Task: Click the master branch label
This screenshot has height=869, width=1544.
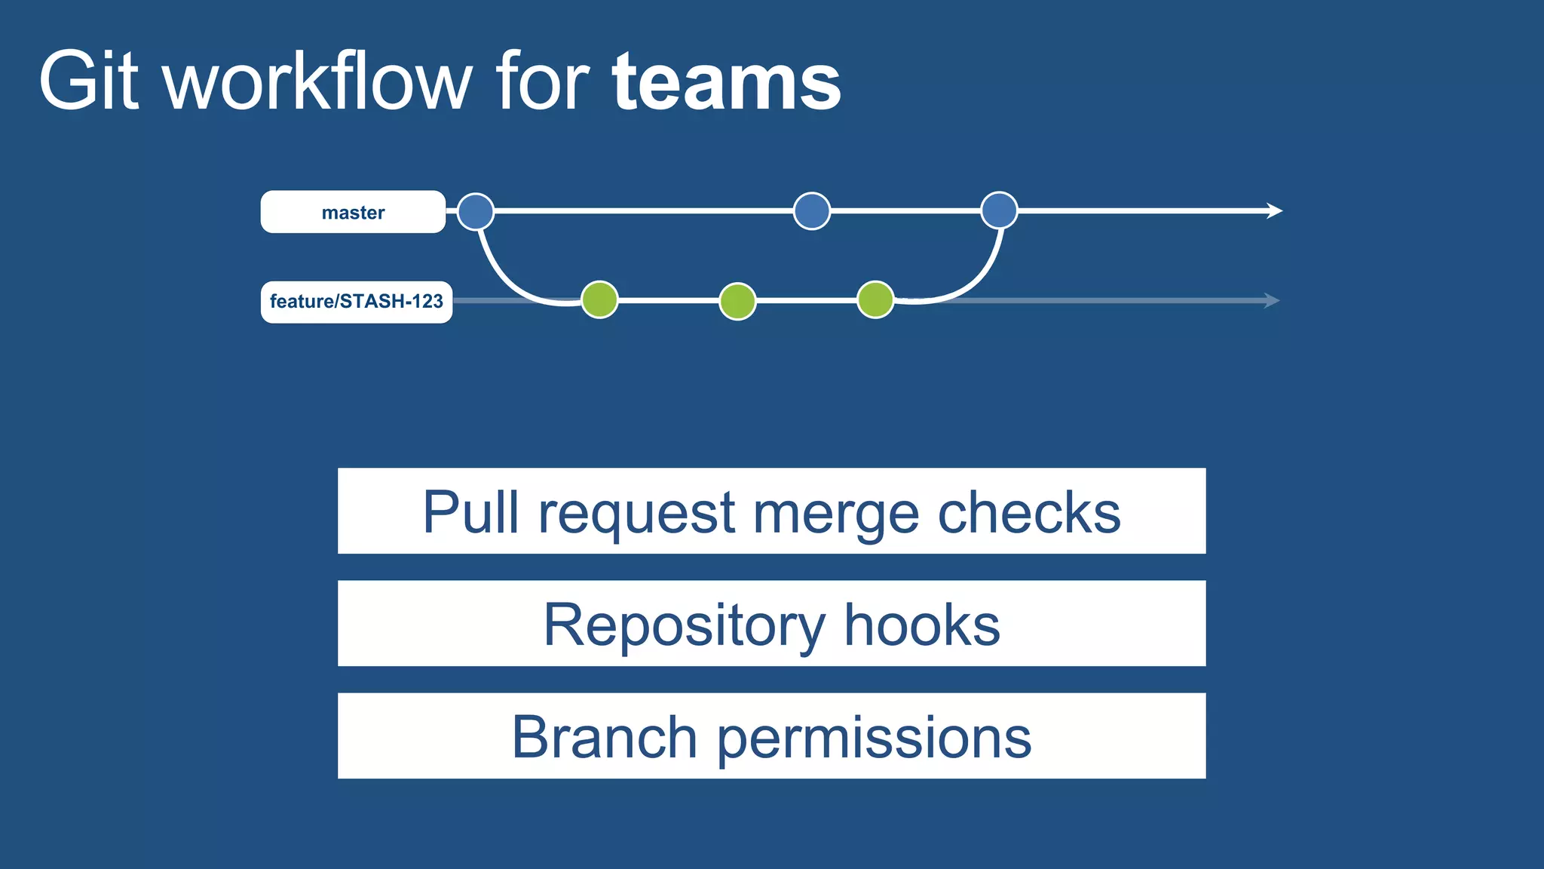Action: click(353, 212)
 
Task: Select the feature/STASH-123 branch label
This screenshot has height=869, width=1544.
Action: click(357, 302)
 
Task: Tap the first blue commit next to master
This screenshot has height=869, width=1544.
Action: click(476, 211)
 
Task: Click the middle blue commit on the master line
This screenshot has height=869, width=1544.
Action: click(812, 211)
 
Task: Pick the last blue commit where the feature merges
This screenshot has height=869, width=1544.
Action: click(999, 210)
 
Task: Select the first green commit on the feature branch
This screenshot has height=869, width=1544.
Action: click(600, 300)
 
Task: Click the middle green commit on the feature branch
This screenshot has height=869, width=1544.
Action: click(737, 301)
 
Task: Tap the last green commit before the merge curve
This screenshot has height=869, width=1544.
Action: click(875, 300)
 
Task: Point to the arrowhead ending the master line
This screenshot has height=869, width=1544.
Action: click(1275, 210)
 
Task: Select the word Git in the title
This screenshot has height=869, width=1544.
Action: click(89, 81)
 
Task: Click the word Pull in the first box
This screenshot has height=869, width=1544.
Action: click(470, 512)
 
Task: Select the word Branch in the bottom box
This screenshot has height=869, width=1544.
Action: click(604, 737)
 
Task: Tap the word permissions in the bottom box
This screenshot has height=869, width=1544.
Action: click(874, 738)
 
